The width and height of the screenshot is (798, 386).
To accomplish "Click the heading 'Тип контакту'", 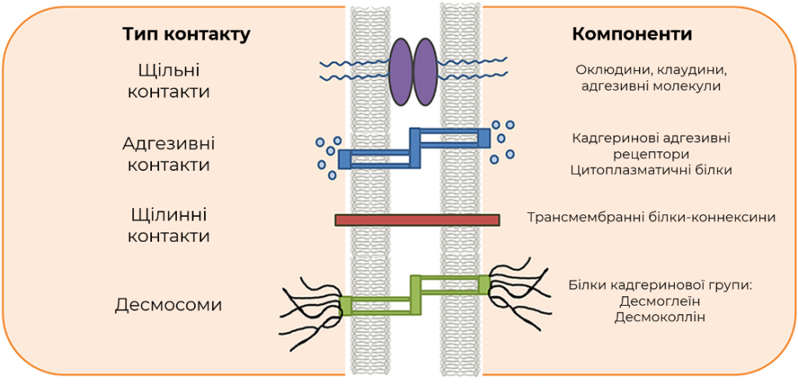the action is (186, 34).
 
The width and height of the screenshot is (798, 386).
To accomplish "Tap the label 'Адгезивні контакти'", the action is (168, 154).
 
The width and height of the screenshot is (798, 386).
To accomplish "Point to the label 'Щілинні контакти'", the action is (168, 225).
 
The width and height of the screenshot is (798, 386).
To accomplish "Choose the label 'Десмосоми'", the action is (168, 305).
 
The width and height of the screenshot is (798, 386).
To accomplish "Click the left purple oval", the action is (401, 71).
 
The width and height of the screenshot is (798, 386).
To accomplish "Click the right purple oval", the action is (425, 71).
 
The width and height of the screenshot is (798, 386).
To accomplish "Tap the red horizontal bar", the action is (418, 220).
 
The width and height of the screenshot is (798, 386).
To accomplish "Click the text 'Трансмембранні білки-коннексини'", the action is (651, 218).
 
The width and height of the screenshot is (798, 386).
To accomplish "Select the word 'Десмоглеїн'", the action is (661, 301).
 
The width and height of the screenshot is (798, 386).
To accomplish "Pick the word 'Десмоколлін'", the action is (661, 317).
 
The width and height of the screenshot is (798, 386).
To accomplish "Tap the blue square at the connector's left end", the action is (345, 159).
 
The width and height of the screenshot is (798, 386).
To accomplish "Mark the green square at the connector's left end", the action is (345, 306).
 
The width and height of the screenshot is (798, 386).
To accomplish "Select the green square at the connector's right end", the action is (484, 284).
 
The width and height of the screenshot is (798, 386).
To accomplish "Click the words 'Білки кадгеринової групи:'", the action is (660, 285).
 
